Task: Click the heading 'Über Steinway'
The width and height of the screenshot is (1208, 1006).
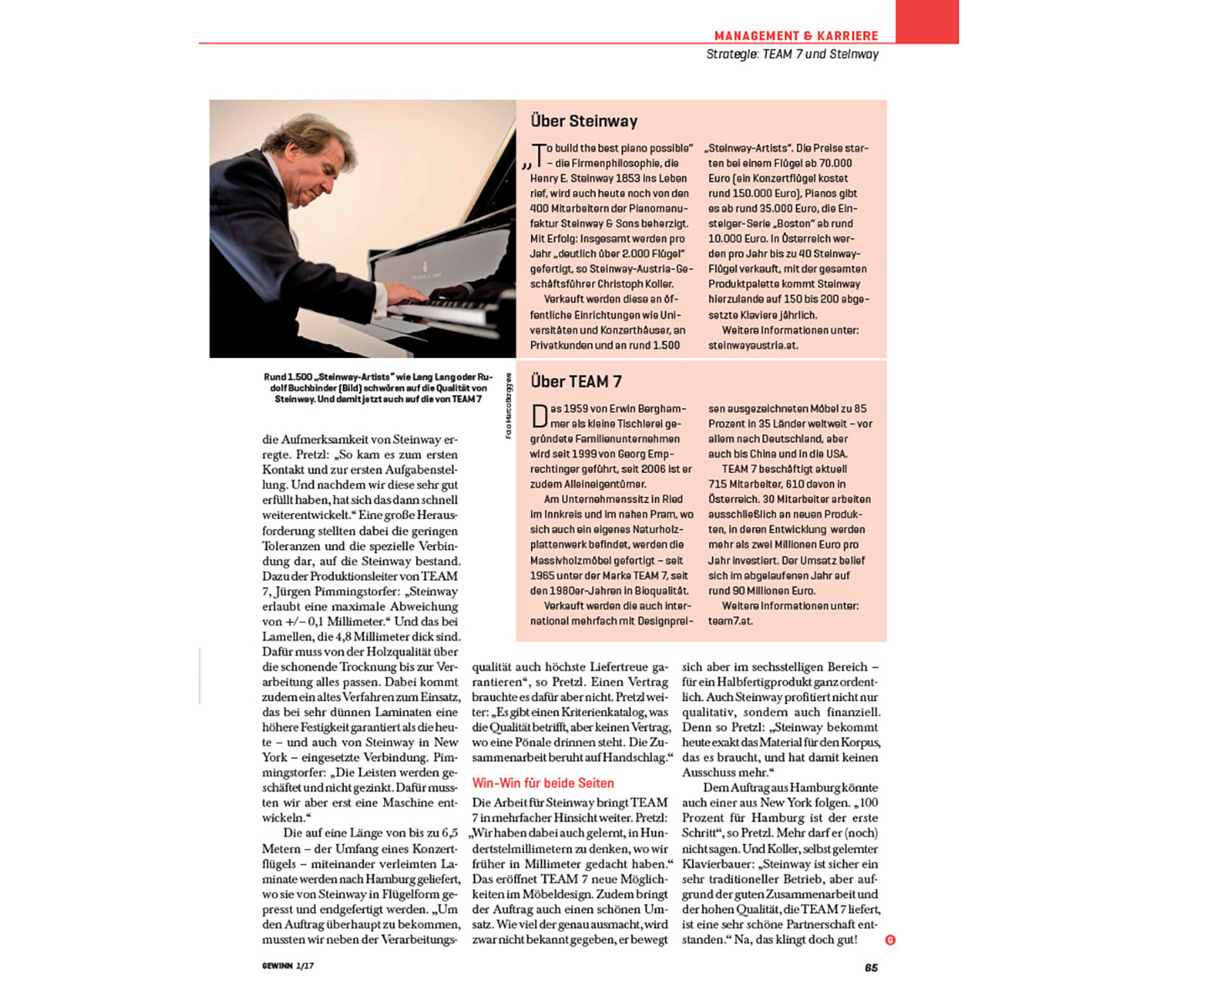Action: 584,122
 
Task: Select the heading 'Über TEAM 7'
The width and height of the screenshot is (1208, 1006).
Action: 576,382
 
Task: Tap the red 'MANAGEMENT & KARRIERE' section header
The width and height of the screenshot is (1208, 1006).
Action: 795,36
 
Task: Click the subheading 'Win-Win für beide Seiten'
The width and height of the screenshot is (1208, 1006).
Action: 543,783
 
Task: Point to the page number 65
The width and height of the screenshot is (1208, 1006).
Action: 871,967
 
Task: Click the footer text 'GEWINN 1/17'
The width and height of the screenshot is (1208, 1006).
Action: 288,966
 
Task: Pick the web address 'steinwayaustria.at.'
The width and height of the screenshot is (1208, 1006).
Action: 752,345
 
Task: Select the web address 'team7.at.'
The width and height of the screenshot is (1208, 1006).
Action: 730,621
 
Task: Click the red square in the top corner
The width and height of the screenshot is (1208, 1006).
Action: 926,21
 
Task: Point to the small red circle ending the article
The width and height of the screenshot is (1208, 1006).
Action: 890,940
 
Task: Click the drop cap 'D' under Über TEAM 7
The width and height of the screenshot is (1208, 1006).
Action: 539,415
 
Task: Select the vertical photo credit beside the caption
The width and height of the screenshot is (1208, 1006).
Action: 508,407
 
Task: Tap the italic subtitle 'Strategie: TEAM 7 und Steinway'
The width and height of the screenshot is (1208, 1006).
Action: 792,54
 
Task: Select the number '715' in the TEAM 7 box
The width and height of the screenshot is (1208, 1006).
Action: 719,485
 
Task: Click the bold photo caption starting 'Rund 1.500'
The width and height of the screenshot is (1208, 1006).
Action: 377,388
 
